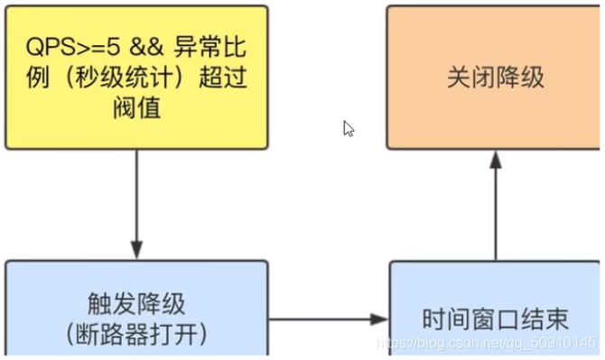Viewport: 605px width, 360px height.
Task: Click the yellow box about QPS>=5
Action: tap(136, 77)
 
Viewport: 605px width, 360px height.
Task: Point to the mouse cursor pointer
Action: tap(348, 128)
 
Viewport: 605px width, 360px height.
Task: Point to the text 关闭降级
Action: tap(495, 77)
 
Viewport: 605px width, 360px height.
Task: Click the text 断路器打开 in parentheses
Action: tap(136, 335)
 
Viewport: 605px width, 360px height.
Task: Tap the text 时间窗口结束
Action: tap(495, 318)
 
